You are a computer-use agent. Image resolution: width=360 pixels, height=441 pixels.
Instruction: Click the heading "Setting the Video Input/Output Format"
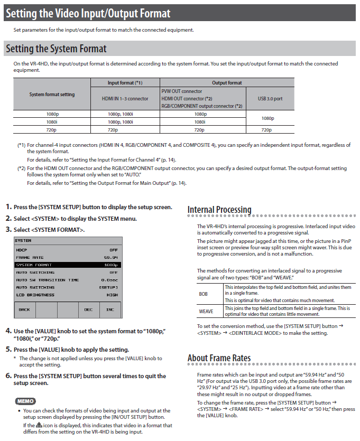[x=88, y=13]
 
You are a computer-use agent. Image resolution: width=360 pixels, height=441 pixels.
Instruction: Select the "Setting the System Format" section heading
[x=56, y=49]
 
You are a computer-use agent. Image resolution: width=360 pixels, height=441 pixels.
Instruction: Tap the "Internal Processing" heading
[x=219, y=210]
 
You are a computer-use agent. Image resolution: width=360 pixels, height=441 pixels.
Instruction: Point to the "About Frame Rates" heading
[x=219, y=358]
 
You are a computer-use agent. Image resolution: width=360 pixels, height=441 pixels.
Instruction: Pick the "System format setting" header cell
[x=52, y=95]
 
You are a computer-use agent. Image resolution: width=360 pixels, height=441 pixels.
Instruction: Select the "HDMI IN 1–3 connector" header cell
[x=125, y=98]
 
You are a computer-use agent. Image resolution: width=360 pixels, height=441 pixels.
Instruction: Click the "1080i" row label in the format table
[x=52, y=121]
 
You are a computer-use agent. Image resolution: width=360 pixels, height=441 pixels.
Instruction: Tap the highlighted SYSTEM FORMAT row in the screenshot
[x=67, y=265]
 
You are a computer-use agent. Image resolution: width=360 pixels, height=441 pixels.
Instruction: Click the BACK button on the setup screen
[x=24, y=309]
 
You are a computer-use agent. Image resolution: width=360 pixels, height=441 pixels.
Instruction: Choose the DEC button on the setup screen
[x=88, y=309]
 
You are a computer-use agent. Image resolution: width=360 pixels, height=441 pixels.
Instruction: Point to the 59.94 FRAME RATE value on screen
[x=110, y=257]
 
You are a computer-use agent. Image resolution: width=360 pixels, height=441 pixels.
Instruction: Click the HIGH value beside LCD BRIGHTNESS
[x=112, y=295]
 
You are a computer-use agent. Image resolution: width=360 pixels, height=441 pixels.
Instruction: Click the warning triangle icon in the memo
[x=39, y=425]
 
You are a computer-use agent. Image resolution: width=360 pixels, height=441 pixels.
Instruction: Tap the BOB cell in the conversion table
[x=204, y=293]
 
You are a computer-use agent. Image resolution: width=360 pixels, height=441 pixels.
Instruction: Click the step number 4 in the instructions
[x=8, y=331]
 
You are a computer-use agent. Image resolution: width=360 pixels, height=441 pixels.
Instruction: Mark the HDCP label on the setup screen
[x=21, y=250]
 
